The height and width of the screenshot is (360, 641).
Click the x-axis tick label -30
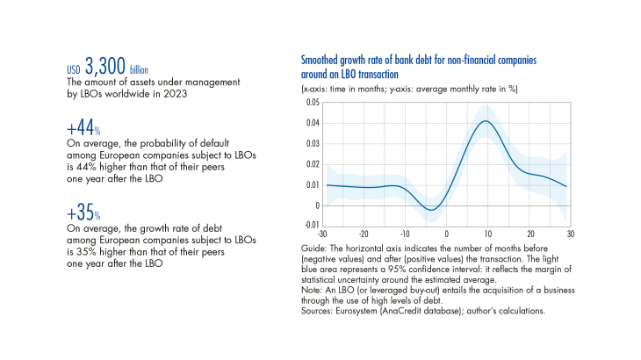tap(325, 234)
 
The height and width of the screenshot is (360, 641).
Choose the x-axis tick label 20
tap(529, 234)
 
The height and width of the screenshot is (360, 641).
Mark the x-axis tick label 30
tap(569, 234)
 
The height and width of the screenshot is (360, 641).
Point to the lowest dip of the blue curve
tap(429, 209)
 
